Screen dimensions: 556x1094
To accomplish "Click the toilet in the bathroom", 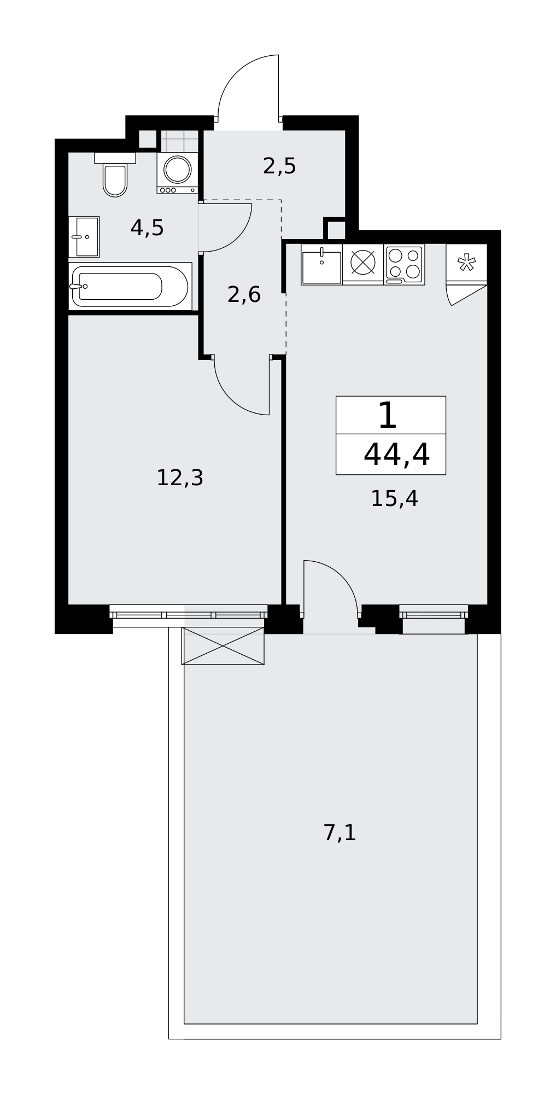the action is click(115, 174).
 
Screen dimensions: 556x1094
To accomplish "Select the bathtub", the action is click(130, 286).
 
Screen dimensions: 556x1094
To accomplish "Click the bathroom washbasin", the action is click(84, 237).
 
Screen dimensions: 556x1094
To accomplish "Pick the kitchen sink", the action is click(321, 264).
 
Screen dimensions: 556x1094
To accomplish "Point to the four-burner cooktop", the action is click(404, 264).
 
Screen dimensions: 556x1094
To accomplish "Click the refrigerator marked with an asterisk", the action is click(466, 264).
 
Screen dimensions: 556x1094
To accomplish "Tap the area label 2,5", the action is click(279, 166).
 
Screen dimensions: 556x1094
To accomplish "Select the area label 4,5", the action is click(147, 228).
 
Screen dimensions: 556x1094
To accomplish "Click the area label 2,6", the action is click(244, 295).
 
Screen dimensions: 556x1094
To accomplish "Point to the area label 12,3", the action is click(180, 478).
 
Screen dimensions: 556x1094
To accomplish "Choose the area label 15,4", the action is click(394, 499).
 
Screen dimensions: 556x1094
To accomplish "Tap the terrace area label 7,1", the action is click(340, 833).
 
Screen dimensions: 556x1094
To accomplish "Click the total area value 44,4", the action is click(396, 455).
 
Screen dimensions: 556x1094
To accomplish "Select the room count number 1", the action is click(387, 416).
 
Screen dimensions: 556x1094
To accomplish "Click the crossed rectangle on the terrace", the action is click(223, 646).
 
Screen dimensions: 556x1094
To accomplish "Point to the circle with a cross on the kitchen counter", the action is click(363, 262).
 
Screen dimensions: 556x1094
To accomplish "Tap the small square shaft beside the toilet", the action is click(147, 139).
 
